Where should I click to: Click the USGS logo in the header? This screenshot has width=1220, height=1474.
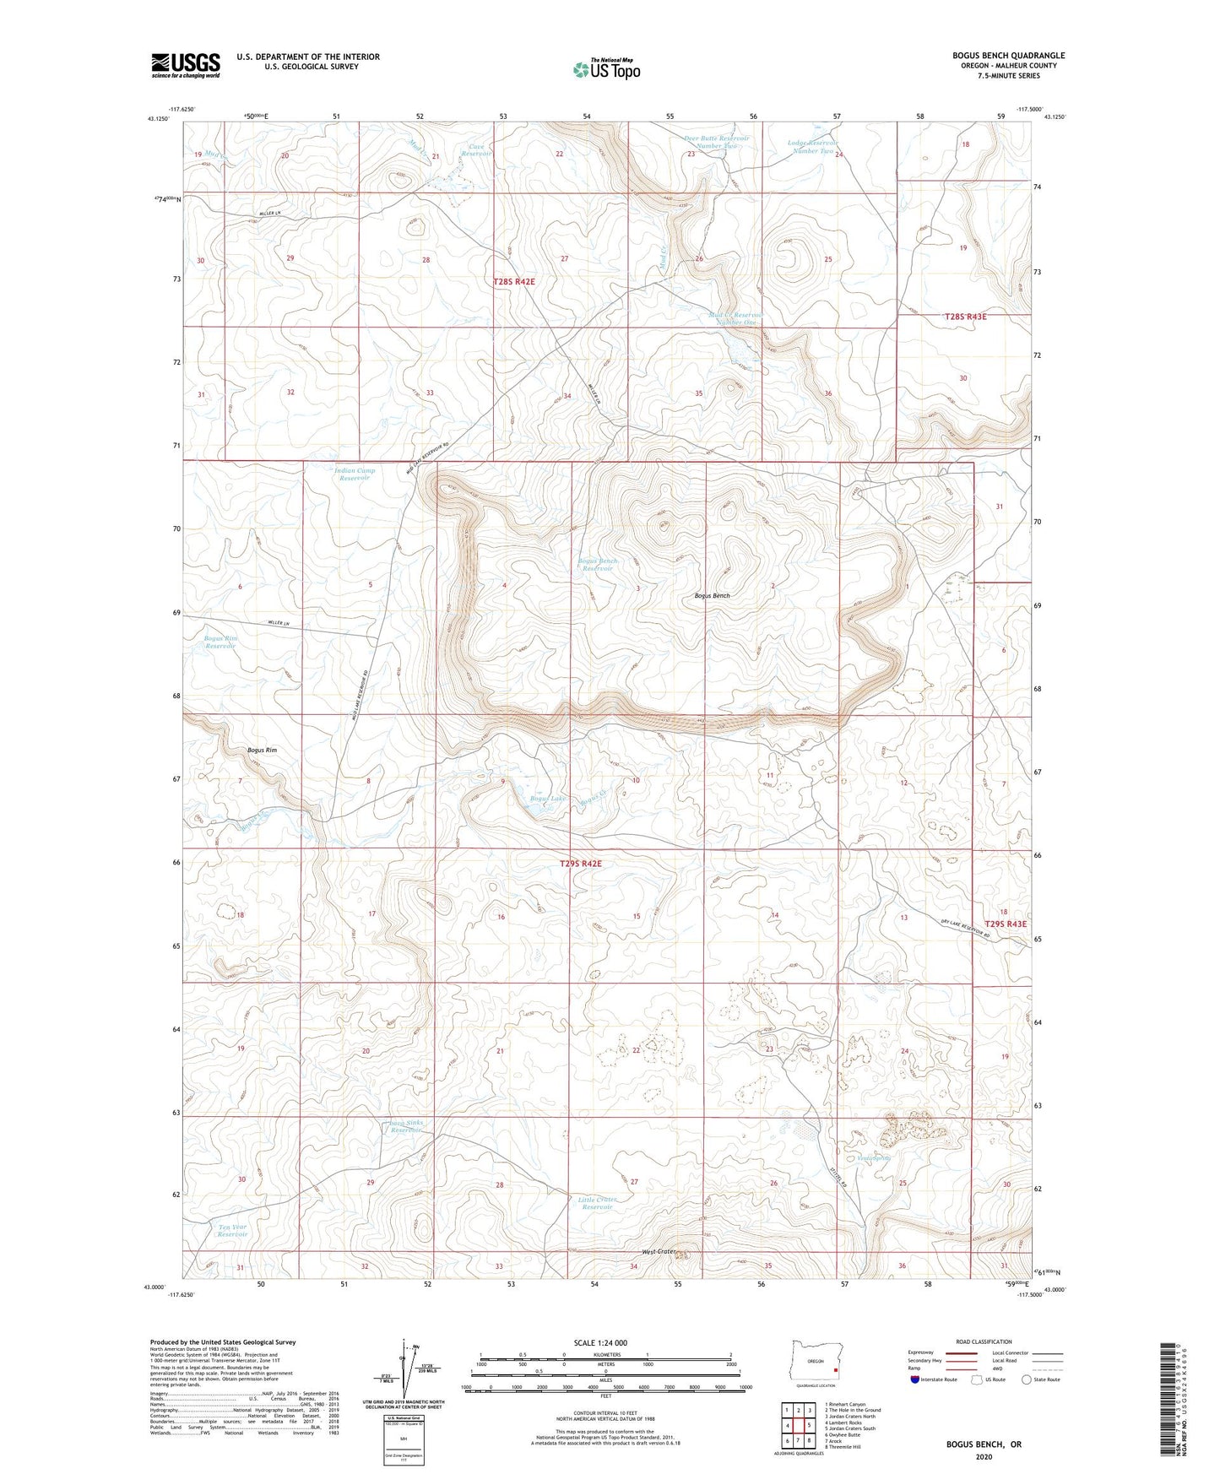(x=186, y=65)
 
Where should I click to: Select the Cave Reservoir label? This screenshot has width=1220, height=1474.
(x=478, y=150)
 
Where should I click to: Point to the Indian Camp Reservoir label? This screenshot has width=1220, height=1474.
(x=355, y=474)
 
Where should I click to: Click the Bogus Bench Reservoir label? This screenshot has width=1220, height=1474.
(x=597, y=565)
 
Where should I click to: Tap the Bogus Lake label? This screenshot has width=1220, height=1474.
(x=549, y=798)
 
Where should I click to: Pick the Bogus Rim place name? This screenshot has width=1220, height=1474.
(x=262, y=750)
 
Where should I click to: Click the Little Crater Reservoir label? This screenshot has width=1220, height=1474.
(x=597, y=1203)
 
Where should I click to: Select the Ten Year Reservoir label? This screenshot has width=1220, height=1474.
(x=233, y=1231)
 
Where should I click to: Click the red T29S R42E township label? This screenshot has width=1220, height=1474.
(x=581, y=864)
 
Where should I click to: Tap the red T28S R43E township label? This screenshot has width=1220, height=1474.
(x=964, y=317)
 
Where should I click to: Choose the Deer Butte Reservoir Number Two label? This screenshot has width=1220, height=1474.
(x=716, y=142)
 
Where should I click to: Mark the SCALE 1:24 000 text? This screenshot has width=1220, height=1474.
(x=605, y=1342)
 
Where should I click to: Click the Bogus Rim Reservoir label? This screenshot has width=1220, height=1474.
(x=220, y=642)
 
